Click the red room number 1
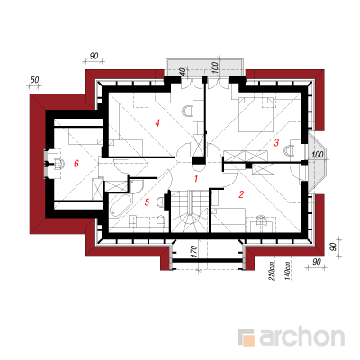pyautogui.click(x=196, y=179)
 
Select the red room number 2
pyautogui.click(x=241, y=194)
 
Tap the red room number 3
pyautogui.click(x=276, y=142)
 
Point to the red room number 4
pyautogui.click(x=157, y=123)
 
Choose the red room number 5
pyautogui.click(x=147, y=202)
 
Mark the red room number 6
pyautogui.click(x=76, y=164)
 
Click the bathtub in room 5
pyautogui.click(x=120, y=206)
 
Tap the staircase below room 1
pyautogui.click(x=190, y=211)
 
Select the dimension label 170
pyautogui.click(x=193, y=251)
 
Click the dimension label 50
pyautogui.click(x=35, y=80)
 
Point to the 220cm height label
pyautogui.click(x=272, y=272)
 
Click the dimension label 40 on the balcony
pyautogui.click(x=182, y=72)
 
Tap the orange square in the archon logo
pyautogui.click(x=248, y=339)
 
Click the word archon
pyautogui.click(x=301, y=337)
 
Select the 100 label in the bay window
pyautogui.click(x=318, y=155)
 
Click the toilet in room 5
pyautogui.click(x=161, y=221)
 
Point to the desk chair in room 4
pyautogui.click(x=186, y=111)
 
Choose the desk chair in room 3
pyautogui.click(x=291, y=150)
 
